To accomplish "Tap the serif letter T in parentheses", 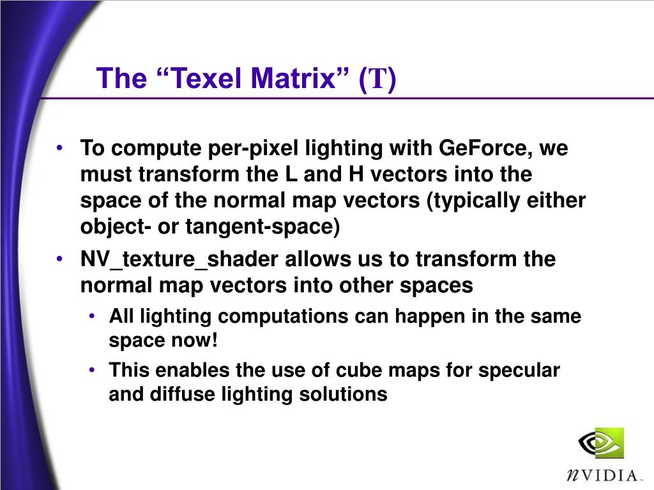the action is (378, 78).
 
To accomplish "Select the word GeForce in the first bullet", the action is (485, 148).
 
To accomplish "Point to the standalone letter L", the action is (291, 174).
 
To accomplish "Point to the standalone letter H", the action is (356, 174).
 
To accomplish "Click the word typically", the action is (473, 201).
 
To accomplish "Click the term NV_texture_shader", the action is (179, 260).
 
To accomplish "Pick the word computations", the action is (283, 316).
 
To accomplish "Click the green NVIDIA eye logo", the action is (601, 443).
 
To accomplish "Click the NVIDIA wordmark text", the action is (602, 475).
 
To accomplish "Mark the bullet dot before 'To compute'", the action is (60, 148).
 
